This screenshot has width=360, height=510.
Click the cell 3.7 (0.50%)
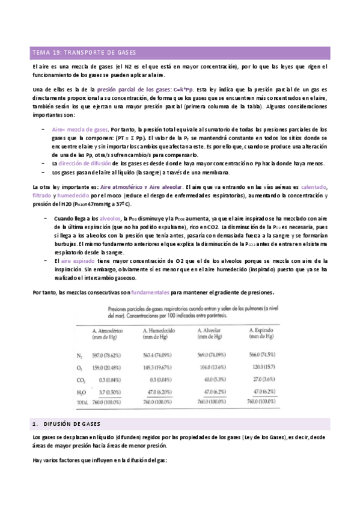coord(111,392)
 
